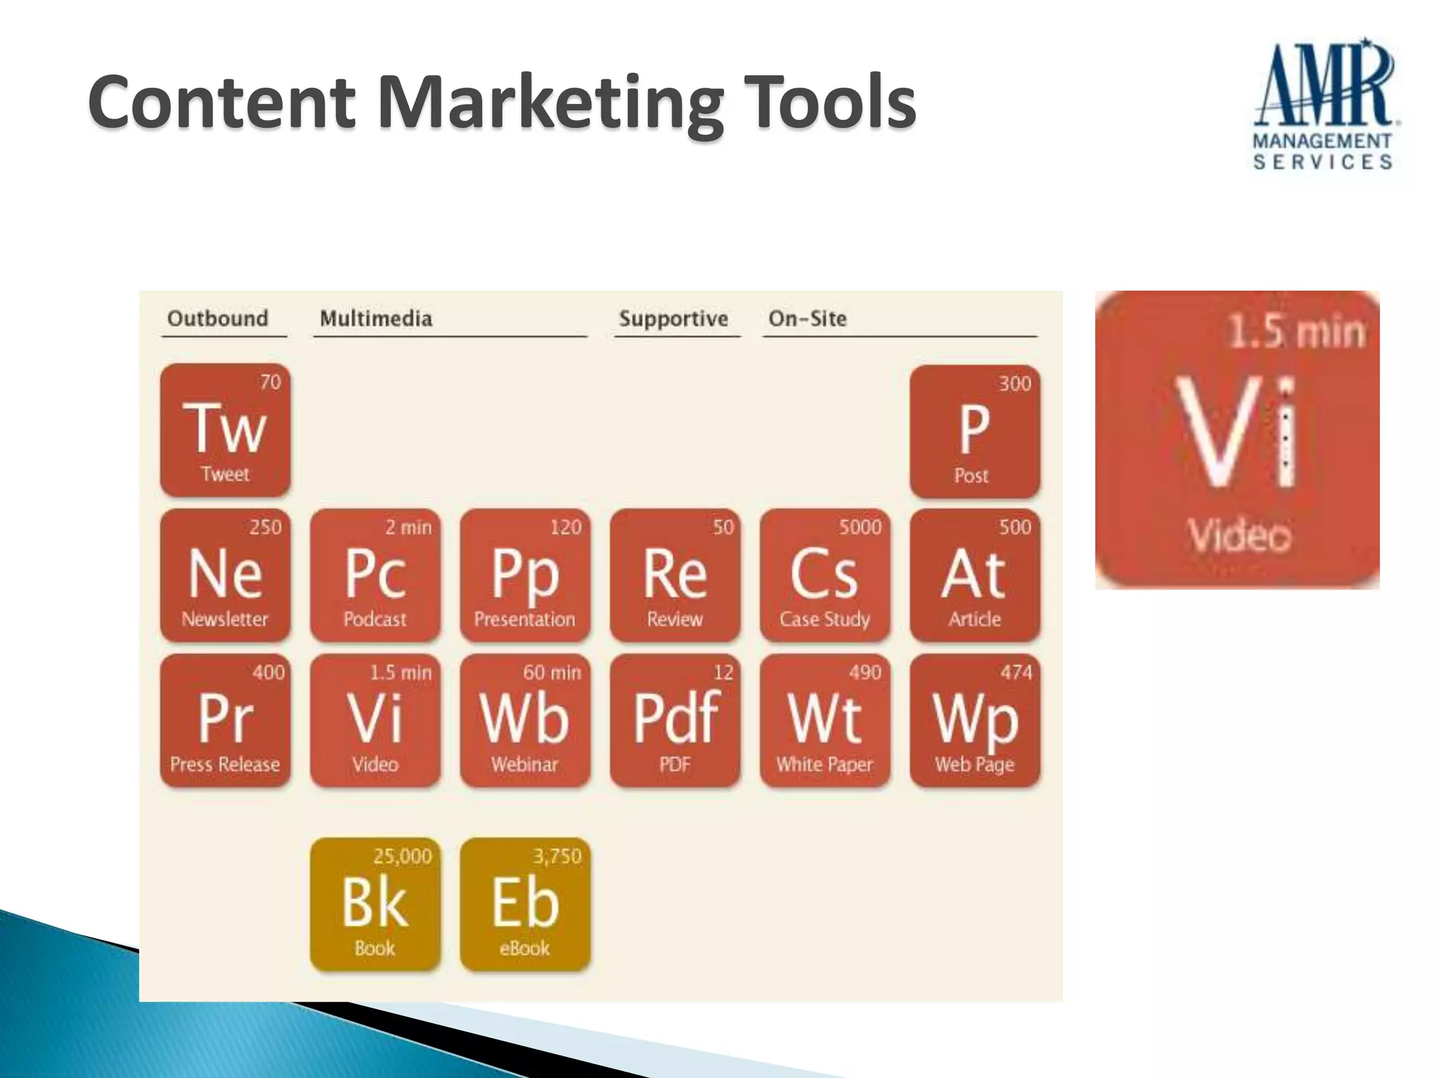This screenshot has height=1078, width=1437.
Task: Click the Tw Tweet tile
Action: [225, 430]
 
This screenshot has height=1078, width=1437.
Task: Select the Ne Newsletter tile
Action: [225, 575]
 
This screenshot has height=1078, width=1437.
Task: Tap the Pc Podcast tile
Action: [375, 575]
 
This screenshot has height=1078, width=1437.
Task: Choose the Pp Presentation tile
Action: [525, 575]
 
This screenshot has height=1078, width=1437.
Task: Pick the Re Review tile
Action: [675, 575]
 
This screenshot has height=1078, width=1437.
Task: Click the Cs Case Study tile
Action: [824, 575]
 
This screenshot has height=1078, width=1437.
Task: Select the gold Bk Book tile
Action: [375, 904]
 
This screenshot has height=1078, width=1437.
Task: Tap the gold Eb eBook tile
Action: [525, 904]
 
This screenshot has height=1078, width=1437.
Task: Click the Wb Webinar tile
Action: [525, 720]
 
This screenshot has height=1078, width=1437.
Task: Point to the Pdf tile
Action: [675, 720]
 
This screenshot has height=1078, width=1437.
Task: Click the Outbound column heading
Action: [218, 319]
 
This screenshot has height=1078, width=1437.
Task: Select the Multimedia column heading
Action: [376, 319]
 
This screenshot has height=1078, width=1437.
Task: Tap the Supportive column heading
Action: [674, 319]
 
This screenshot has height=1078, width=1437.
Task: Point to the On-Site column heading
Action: [808, 319]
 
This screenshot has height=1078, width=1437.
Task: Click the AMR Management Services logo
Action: [1323, 105]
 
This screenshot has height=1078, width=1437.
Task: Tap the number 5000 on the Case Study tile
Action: [860, 527]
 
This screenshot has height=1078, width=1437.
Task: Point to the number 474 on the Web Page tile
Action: [1016, 672]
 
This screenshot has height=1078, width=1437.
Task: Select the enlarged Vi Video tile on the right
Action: [1237, 440]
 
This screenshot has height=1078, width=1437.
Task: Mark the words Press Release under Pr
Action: [225, 764]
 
